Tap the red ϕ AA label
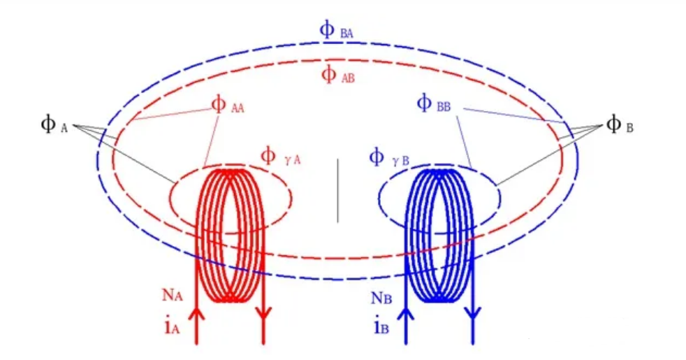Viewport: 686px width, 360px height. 228,106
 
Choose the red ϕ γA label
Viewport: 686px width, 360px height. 280,156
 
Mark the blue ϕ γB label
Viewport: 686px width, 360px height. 388,157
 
